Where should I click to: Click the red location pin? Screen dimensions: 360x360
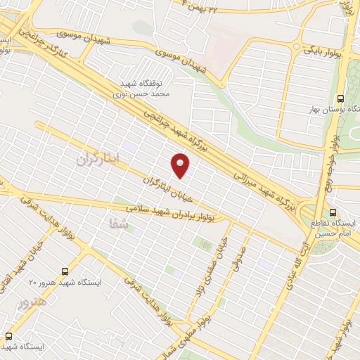(x=181, y=165)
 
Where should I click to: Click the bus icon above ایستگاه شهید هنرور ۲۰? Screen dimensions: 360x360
(x=65, y=270)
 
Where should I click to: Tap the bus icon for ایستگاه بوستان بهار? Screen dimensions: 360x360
(x=341, y=98)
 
